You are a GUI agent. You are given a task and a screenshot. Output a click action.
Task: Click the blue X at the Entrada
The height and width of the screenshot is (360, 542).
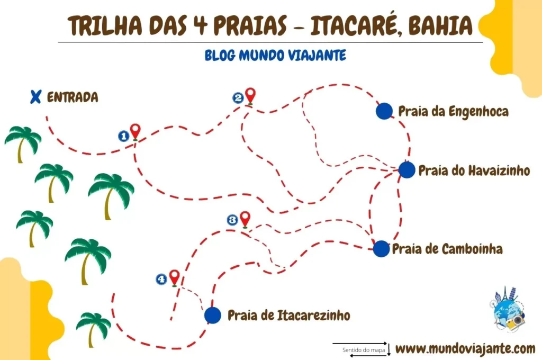tap(35, 96)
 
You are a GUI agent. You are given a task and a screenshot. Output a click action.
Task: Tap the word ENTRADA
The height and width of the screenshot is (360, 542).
tap(73, 97)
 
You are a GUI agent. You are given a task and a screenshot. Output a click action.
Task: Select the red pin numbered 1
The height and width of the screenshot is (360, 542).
tap(135, 131)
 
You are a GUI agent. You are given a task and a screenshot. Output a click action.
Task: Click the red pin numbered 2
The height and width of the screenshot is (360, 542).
tap(250, 95)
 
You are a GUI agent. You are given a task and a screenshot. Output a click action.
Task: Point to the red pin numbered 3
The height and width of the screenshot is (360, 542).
tap(245, 218)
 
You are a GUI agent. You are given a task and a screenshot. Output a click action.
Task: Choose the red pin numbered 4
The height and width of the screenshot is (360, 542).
tap(174, 277)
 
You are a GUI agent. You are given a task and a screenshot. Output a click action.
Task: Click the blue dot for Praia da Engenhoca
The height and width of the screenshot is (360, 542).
tap(384, 111)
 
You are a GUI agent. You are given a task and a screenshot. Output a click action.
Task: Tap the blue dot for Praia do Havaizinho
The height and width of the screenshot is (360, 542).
tap(406, 170)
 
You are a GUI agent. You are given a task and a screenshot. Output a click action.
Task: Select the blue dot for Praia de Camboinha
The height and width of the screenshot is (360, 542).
tap(381, 248)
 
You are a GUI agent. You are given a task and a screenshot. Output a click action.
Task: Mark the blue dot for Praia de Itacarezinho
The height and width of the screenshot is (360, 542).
tap(212, 315)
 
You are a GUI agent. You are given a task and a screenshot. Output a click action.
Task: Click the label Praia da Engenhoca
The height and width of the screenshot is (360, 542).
tap(453, 111)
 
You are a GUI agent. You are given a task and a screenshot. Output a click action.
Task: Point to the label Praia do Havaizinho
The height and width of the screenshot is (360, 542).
tap(474, 170)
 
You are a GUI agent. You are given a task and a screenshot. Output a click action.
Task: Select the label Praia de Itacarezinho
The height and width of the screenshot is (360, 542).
tap(289, 316)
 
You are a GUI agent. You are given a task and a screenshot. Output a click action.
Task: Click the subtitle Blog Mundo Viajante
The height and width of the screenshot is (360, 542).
tap(275, 55)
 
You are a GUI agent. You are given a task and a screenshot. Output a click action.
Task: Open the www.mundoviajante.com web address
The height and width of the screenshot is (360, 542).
tap(465, 348)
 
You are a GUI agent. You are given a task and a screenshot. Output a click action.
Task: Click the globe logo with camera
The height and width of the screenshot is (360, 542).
tap(507, 311)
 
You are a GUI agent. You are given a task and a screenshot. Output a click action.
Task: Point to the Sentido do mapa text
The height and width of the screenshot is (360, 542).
tap(360, 350)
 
